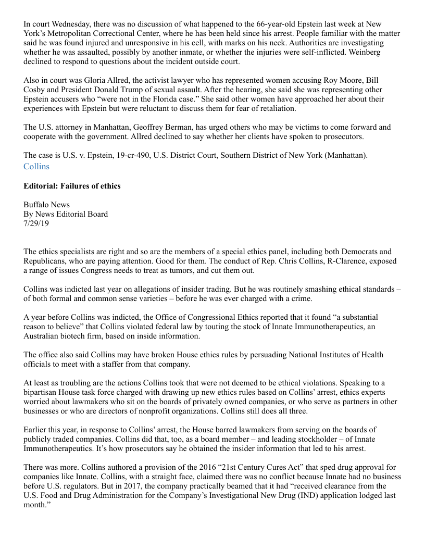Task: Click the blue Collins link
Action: [x=36, y=167]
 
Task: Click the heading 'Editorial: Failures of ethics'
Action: [x=72, y=186]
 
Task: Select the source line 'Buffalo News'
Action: [x=46, y=205]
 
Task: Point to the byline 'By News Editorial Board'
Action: [x=66, y=214]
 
